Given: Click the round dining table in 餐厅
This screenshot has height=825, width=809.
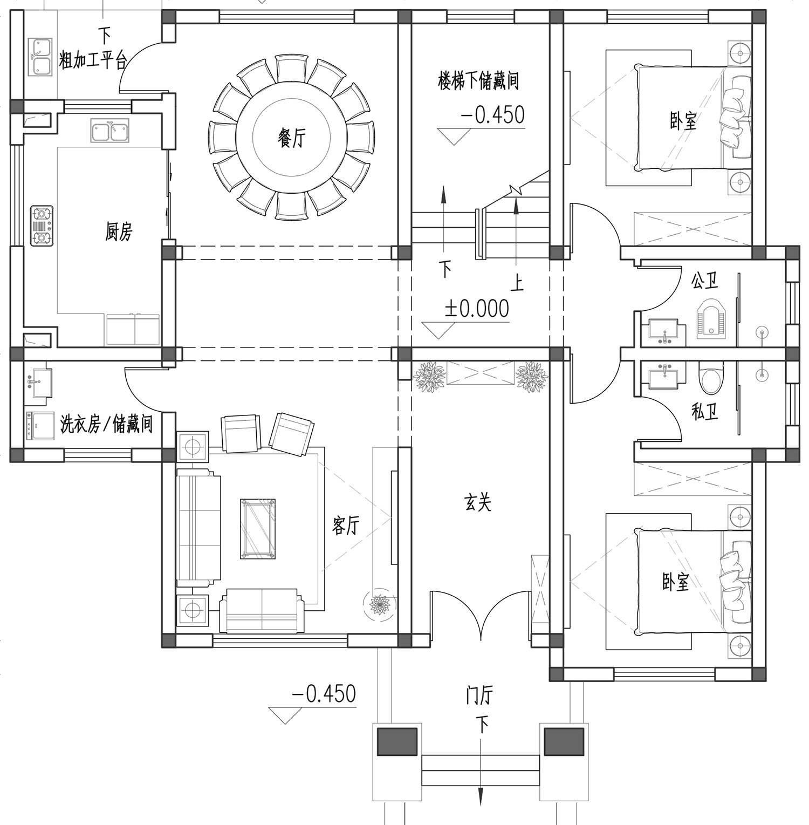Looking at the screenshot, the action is (x=291, y=138).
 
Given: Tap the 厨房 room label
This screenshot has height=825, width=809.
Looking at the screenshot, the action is (x=118, y=232).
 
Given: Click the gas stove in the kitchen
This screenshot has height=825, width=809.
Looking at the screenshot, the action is (x=42, y=226).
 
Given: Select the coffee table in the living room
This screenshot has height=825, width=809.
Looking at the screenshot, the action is (x=258, y=528).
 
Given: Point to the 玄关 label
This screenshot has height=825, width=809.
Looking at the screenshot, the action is (x=478, y=503).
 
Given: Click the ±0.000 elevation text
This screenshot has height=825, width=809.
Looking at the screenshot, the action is (x=477, y=309).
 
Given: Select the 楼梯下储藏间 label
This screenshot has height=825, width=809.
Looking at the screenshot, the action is (x=478, y=81).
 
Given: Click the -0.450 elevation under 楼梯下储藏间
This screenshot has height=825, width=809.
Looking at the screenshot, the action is (x=492, y=115).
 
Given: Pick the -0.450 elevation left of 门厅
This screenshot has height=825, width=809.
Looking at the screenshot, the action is (x=324, y=693).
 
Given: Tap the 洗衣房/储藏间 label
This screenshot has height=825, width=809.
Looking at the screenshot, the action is (x=106, y=424).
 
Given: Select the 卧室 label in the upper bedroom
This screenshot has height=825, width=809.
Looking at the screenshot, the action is (x=683, y=121).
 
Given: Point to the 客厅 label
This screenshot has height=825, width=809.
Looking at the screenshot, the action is (x=345, y=525).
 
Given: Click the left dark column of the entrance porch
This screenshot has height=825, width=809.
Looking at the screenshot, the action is (x=396, y=741).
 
